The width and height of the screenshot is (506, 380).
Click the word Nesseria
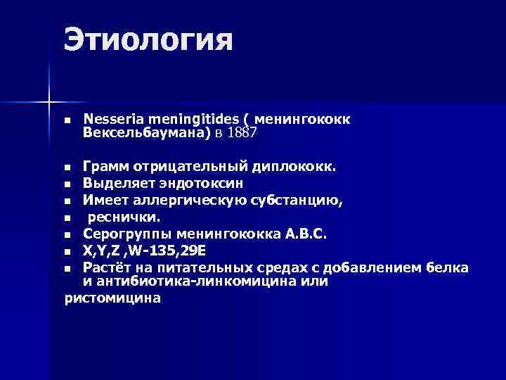pyautogui.click(x=110, y=119)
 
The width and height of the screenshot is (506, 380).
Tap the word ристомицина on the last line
pyautogui.click(x=112, y=298)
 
